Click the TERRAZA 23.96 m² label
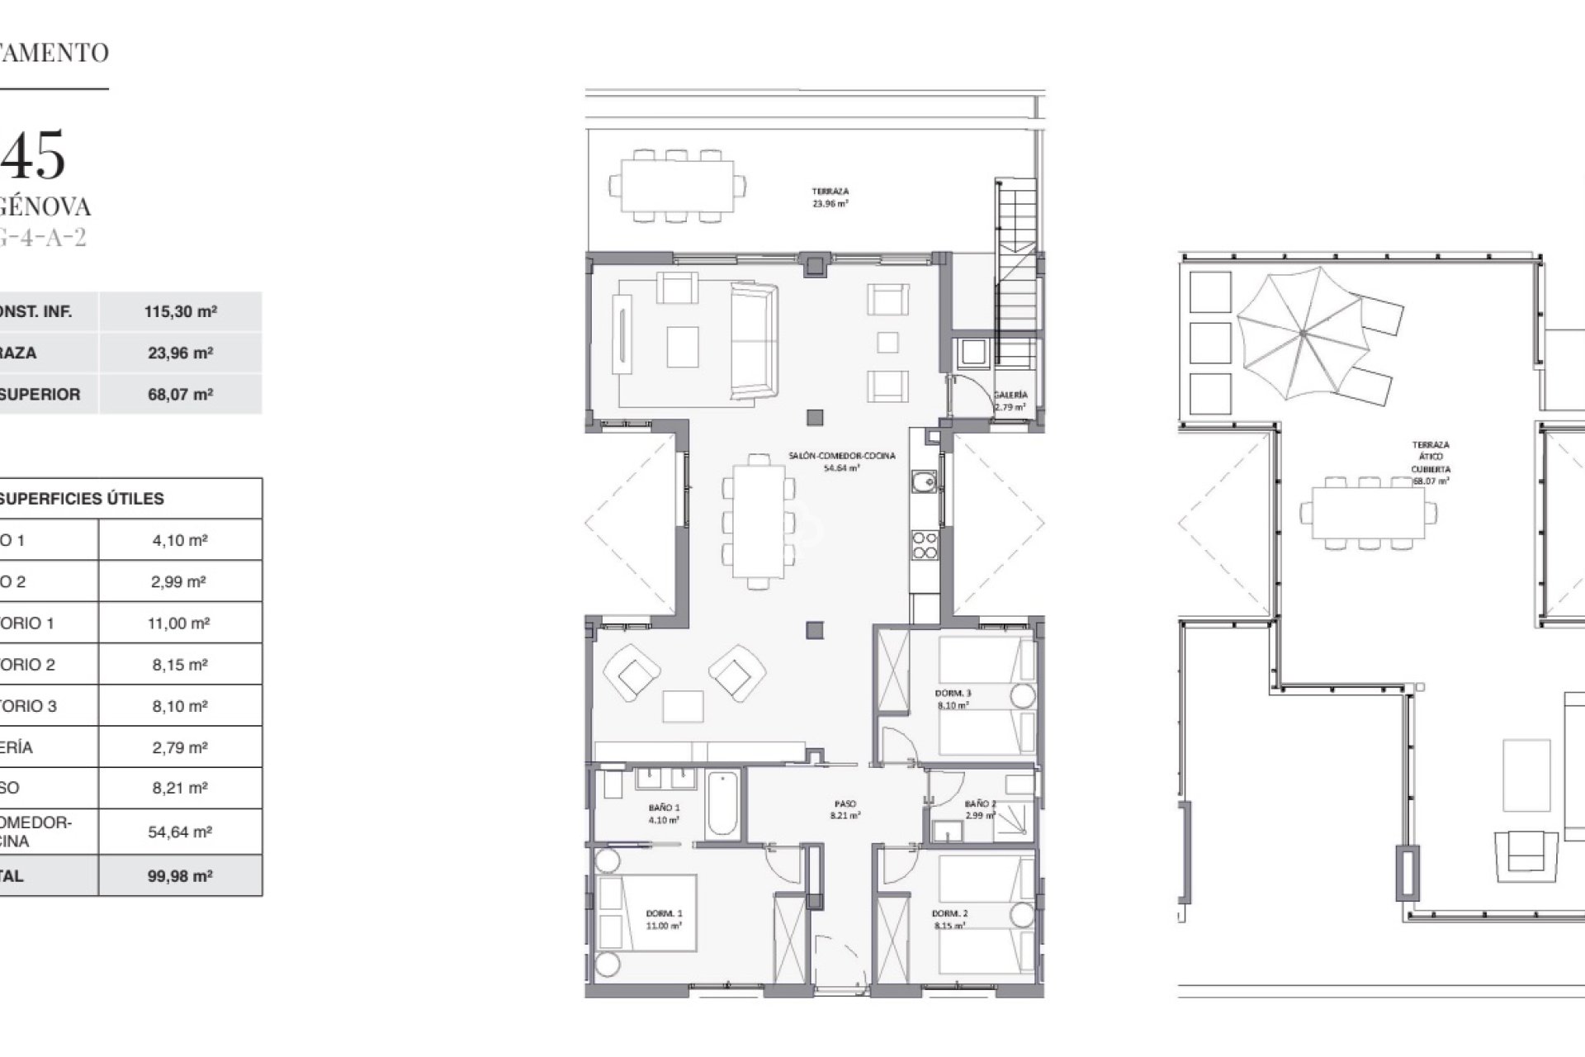[x=830, y=197]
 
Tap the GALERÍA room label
[x=1010, y=401]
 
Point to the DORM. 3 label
[x=953, y=699]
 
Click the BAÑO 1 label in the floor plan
[x=664, y=813]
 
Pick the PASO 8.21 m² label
[x=845, y=808]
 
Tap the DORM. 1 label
[x=664, y=919]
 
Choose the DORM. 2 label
[x=949, y=919]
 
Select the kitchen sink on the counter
[x=925, y=480]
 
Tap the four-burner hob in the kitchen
[x=925, y=545]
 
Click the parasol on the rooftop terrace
[x=1302, y=334]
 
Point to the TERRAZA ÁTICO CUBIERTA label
[x=1430, y=462]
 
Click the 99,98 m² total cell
[x=180, y=876]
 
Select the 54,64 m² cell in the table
[x=180, y=832]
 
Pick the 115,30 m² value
[x=180, y=312]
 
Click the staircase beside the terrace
[x=1015, y=273]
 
